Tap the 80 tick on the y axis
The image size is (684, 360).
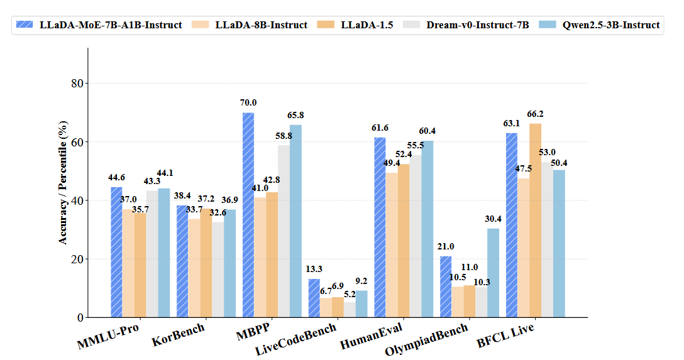79,84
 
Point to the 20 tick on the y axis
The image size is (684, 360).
79,259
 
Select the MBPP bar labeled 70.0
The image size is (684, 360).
248,215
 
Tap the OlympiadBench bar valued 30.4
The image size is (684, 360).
494,273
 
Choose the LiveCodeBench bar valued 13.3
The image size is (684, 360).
314,298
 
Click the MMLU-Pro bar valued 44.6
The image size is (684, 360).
116,252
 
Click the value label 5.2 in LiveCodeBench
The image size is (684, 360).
350,293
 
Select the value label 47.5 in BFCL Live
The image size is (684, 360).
523,168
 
